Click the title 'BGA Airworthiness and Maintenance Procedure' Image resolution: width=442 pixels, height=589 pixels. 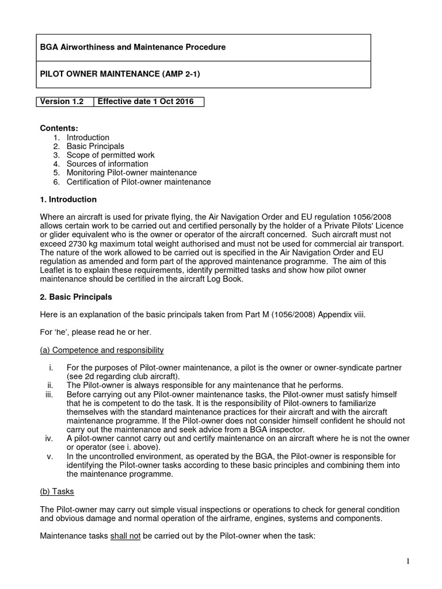(132, 47)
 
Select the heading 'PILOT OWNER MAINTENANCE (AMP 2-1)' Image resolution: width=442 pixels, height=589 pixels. (120, 75)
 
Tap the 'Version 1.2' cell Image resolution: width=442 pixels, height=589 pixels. (62, 102)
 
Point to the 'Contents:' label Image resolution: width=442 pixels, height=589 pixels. (59, 128)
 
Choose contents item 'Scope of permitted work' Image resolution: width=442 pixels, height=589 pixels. (110, 155)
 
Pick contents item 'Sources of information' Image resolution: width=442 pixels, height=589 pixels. (107, 164)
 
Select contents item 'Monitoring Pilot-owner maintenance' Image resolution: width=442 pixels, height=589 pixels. (131, 173)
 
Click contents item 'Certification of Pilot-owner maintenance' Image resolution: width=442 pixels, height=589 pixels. (139, 182)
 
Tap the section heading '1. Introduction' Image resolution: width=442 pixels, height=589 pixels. (68, 200)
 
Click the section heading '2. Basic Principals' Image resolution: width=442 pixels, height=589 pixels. (76, 297)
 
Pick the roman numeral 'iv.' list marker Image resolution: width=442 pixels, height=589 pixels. (49, 438)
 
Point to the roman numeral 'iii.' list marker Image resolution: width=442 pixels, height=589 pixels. (49, 394)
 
